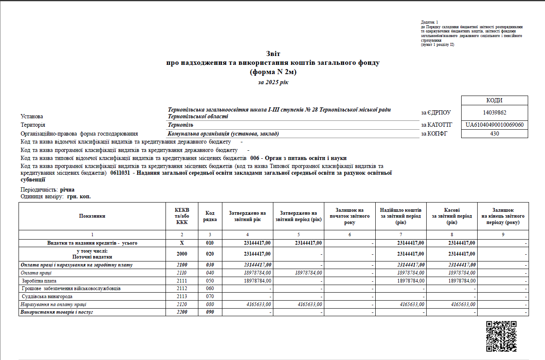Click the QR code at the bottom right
click(x=501, y=336)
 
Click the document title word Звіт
click(x=273, y=54)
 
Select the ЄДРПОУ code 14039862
click(x=494, y=112)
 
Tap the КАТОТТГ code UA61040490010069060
click(x=494, y=125)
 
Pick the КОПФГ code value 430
click(x=494, y=134)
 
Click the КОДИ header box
click(x=494, y=101)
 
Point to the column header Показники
click(x=92, y=216)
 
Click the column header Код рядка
click(x=210, y=216)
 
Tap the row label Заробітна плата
click(x=40, y=281)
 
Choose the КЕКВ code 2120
click(x=182, y=304)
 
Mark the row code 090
click(x=210, y=312)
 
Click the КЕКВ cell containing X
click(x=182, y=243)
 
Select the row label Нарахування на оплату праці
click(x=54, y=304)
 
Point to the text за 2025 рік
click(x=273, y=83)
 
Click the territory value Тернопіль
click(x=180, y=125)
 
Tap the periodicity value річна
click(x=67, y=190)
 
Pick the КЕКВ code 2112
click(x=182, y=289)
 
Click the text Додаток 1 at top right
click(x=430, y=22)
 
